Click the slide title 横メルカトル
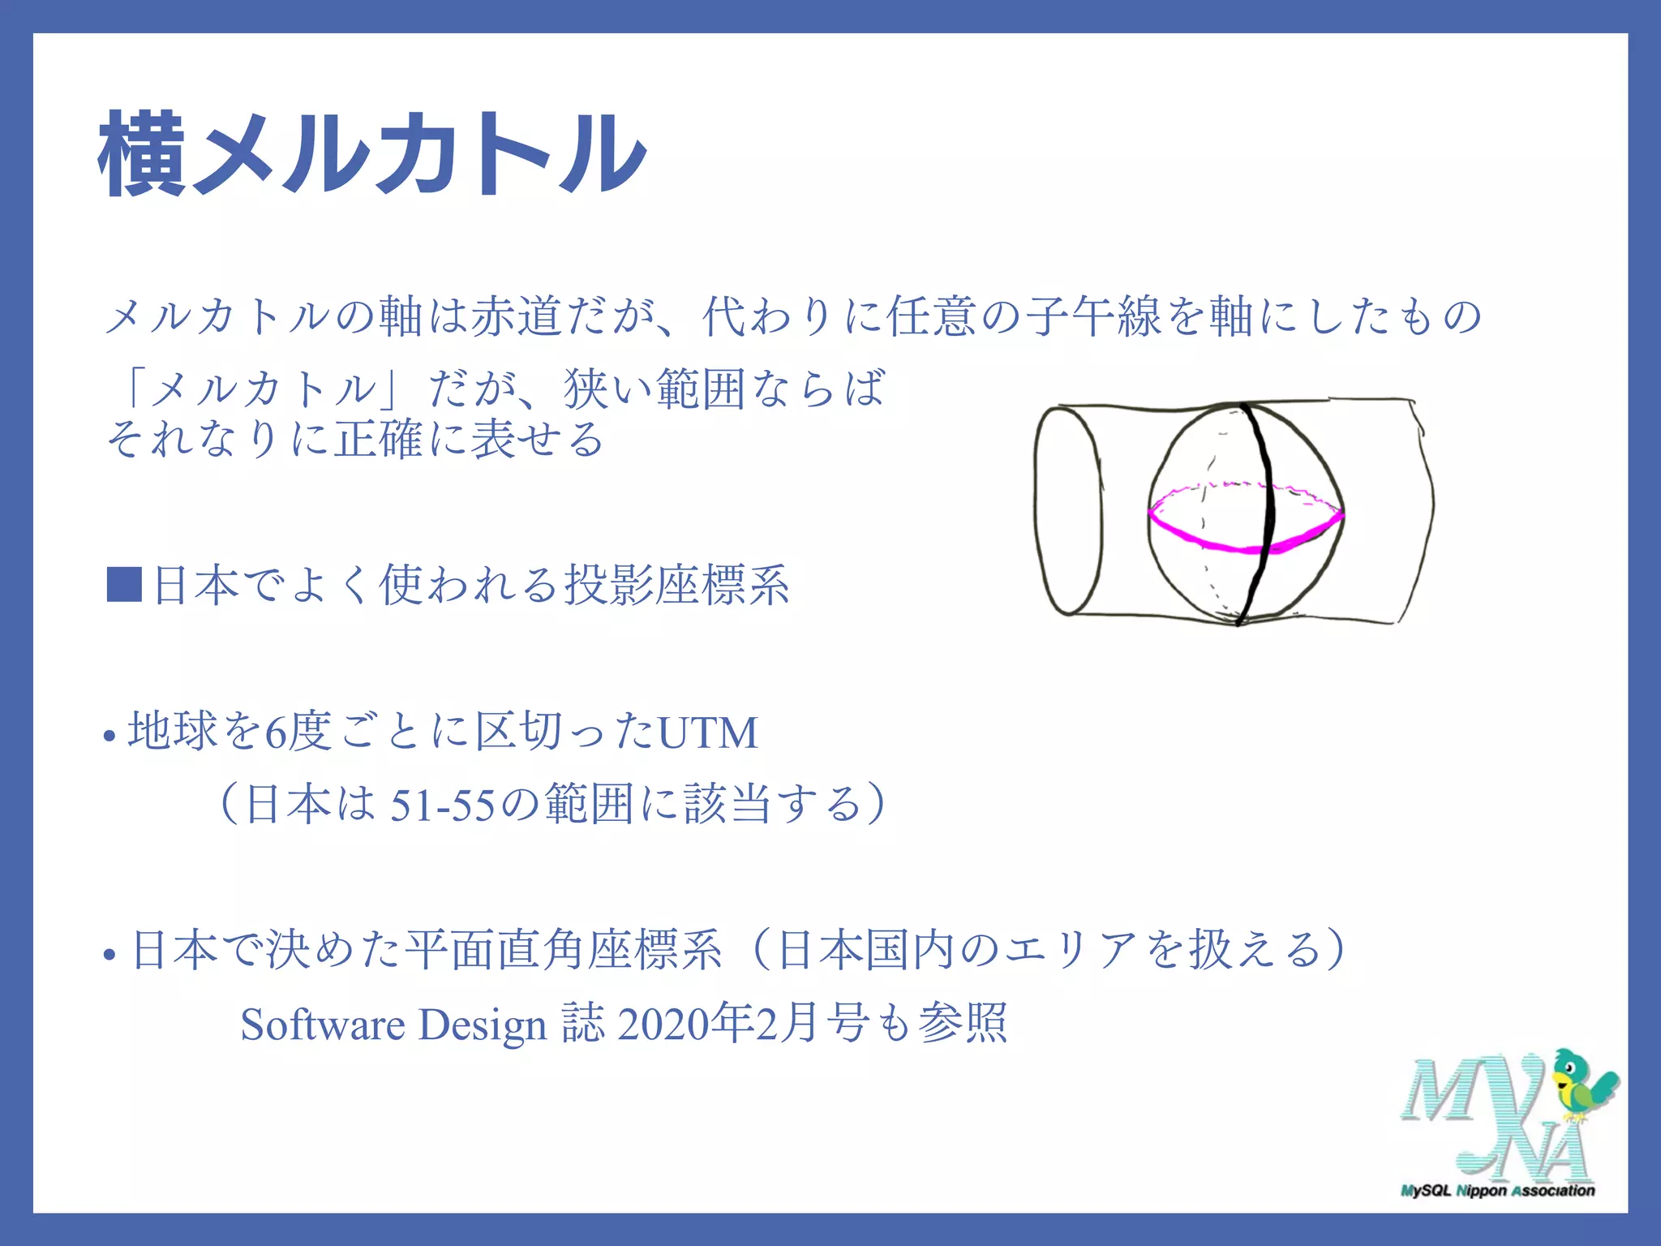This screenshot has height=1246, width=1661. coord(371,154)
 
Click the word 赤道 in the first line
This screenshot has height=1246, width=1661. coord(517,316)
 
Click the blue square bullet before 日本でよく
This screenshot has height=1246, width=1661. coord(124,585)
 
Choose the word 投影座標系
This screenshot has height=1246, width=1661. coord(676,585)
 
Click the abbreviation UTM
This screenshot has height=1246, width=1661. coord(707,733)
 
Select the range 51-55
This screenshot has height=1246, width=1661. coord(442,806)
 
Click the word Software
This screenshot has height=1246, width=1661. coord(322,1025)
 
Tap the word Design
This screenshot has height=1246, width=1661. coord(482,1025)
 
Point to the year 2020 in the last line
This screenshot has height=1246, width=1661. coord(662,1025)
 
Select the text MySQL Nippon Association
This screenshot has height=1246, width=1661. coord(1497,1191)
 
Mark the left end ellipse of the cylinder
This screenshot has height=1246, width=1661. coord(1068,511)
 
